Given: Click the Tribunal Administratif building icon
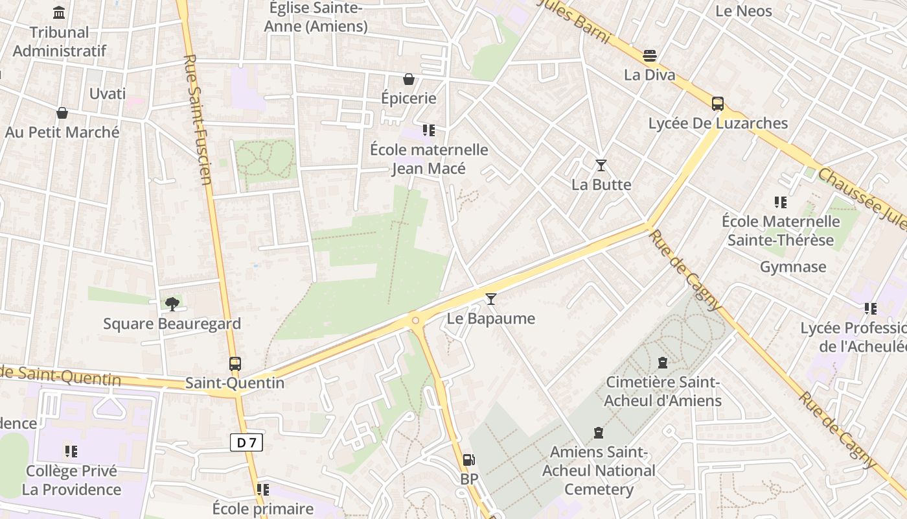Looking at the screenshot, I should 59,12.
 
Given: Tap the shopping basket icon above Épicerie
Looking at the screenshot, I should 409,79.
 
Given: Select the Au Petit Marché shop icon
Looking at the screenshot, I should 62,113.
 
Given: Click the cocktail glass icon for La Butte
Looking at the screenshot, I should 601,165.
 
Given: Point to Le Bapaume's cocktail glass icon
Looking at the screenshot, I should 491,298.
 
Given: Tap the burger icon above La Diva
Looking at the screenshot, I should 650,55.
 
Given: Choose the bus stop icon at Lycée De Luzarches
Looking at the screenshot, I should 718,103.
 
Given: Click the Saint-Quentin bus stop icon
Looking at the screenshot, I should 235,363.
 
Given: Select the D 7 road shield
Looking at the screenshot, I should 247,443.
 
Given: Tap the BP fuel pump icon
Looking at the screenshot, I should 468,460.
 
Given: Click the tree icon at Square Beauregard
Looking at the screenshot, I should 172,304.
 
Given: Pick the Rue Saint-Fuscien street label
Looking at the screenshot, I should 198,120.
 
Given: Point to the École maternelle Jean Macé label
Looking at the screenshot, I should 429,159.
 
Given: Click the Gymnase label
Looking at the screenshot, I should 793,267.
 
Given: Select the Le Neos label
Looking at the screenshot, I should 744,11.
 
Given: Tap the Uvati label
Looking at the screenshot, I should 108,93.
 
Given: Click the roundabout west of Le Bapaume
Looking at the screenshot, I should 415,319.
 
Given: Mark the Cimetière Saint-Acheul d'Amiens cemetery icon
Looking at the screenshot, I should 662,362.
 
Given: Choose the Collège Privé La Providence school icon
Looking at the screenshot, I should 71,451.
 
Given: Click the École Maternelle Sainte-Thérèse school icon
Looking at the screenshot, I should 781,202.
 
